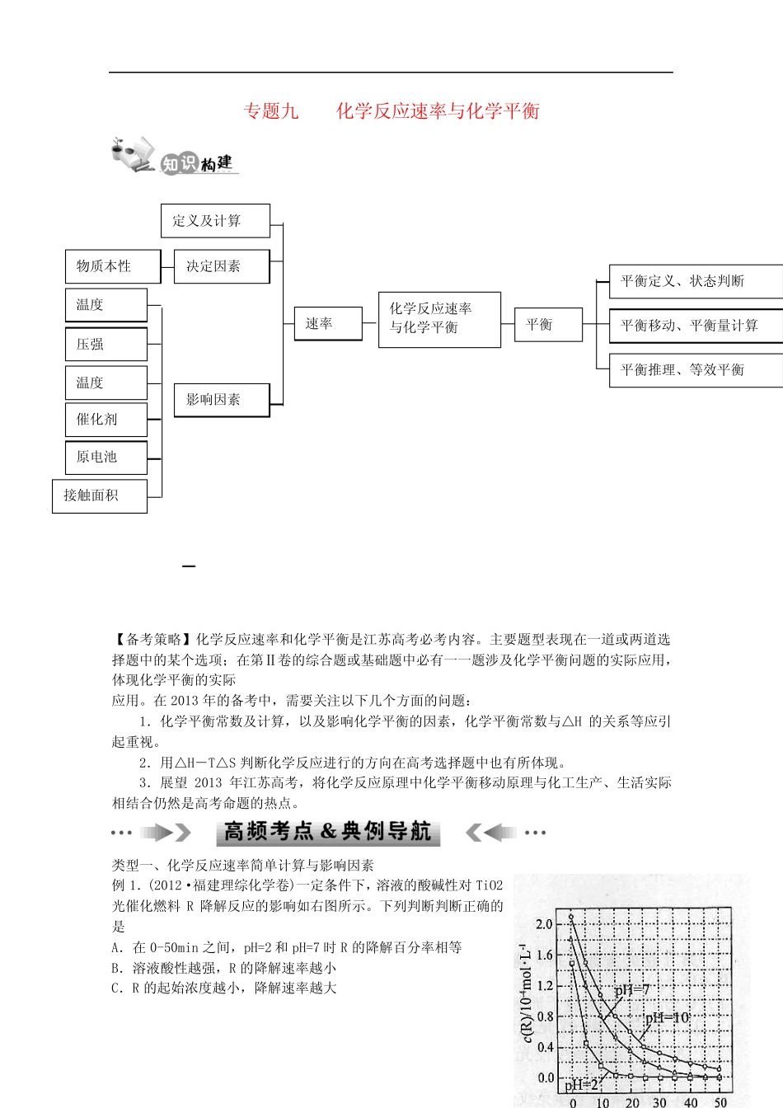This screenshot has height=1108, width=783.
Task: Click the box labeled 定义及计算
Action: (x=215, y=221)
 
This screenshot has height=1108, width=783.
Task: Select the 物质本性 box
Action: (x=113, y=266)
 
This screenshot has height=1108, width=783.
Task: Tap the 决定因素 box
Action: (x=222, y=266)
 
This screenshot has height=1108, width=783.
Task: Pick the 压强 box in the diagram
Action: (x=105, y=344)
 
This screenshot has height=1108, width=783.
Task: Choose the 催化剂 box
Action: (x=105, y=419)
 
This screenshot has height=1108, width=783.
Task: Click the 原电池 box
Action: (x=105, y=457)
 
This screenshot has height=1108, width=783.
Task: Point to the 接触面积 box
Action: (x=99, y=495)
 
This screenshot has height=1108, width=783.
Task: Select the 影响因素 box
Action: (x=222, y=400)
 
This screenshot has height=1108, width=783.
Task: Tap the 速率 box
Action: (x=328, y=323)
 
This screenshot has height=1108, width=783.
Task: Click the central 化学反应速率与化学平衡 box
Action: (x=439, y=318)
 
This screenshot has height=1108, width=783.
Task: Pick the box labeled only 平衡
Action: (x=548, y=325)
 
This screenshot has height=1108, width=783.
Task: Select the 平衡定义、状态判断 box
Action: (x=695, y=281)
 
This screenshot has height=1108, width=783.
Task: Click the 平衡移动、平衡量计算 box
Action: (x=695, y=326)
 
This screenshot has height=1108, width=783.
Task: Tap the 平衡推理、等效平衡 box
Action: (x=695, y=370)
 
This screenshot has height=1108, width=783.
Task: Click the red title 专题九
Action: (x=271, y=111)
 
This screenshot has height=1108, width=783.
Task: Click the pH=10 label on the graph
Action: (x=667, y=1018)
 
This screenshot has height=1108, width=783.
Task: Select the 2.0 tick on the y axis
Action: (x=545, y=924)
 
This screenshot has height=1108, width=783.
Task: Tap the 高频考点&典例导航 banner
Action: (x=328, y=832)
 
